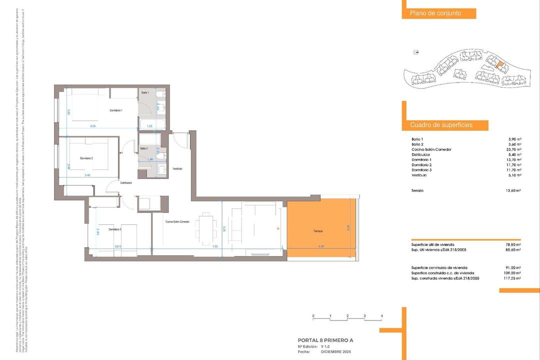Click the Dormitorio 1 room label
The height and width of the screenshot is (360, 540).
116,110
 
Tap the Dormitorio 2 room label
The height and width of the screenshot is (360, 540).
86,158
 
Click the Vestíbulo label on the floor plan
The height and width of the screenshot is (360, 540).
177,168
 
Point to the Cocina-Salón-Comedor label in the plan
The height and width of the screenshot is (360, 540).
177,221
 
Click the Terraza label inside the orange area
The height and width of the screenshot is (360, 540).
318,231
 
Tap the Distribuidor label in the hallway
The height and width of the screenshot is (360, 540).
125,183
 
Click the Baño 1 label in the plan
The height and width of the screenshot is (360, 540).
144,93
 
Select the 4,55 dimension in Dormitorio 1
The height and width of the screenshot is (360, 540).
93,126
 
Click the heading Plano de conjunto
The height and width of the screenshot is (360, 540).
435,13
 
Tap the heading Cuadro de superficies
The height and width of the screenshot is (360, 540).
441,125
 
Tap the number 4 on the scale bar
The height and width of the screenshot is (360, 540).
381,316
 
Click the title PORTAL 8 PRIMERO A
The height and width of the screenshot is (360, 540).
325,340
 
